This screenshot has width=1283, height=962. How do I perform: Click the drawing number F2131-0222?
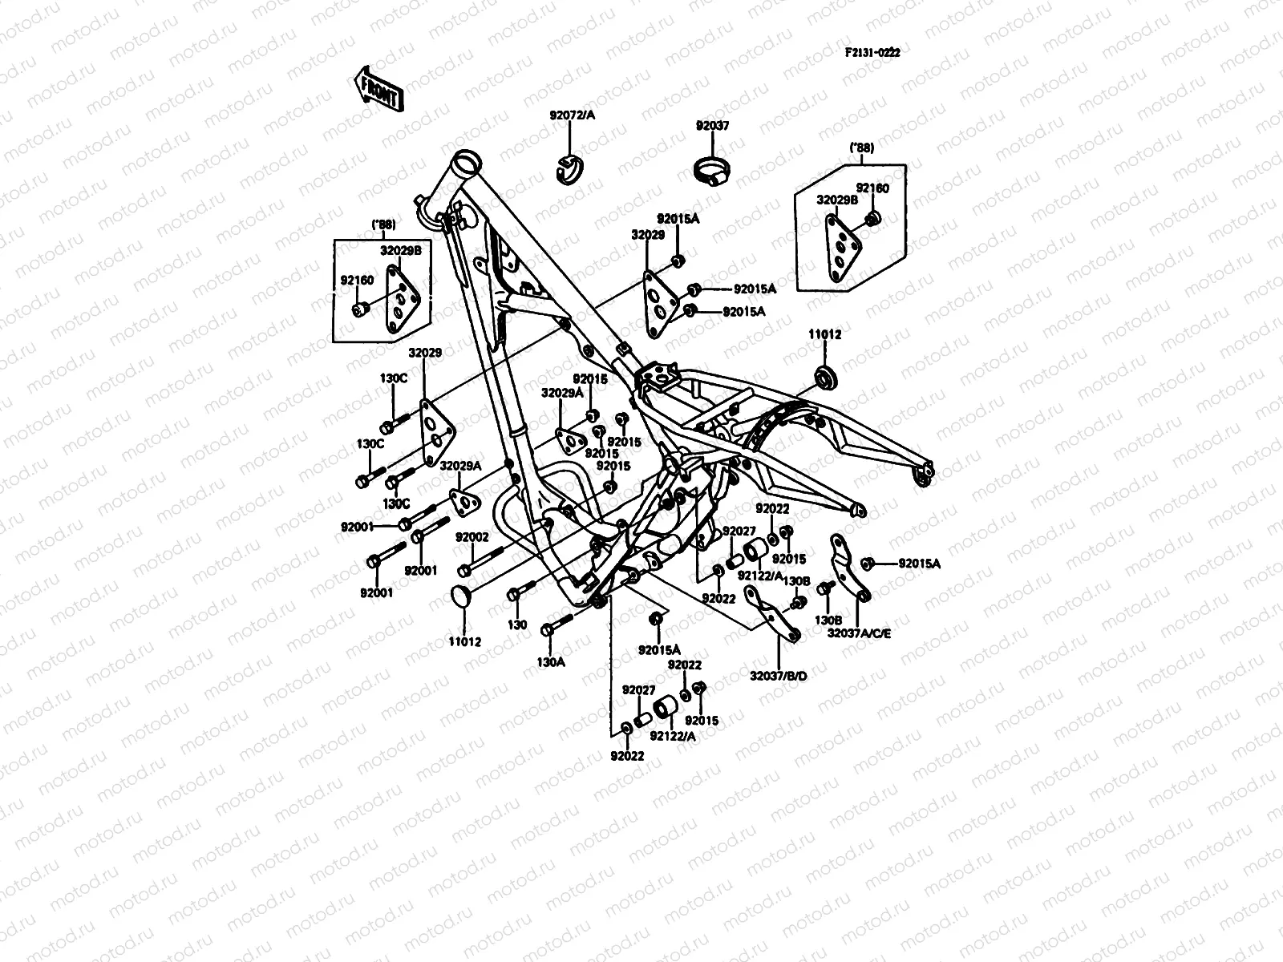pyautogui.click(x=872, y=52)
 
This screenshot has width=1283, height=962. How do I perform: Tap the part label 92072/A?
pyautogui.click(x=572, y=115)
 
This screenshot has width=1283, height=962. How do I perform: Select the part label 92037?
pyautogui.click(x=712, y=126)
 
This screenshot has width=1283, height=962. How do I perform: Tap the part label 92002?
pyautogui.click(x=472, y=536)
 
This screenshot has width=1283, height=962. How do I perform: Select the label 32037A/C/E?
pyautogui.click(x=859, y=633)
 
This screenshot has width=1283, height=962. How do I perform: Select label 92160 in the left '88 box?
pyautogui.click(x=357, y=281)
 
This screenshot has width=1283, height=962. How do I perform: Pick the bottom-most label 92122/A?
pyautogui.click(x=672, y=736)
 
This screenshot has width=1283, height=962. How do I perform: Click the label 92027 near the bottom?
pyautogui.click(x=638, y=690)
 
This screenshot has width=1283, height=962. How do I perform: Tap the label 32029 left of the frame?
pyautogui.click(x=424, y=353)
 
